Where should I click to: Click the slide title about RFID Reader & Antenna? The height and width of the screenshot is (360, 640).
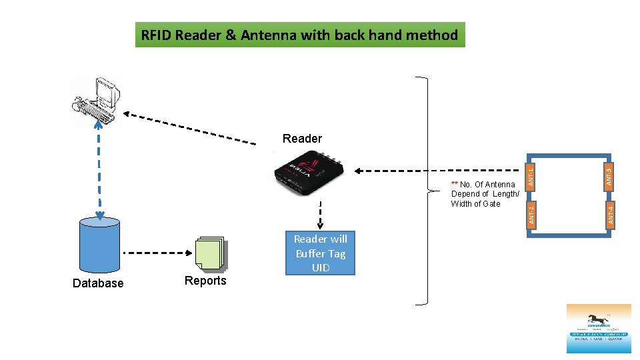299,35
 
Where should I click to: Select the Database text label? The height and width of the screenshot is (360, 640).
98,283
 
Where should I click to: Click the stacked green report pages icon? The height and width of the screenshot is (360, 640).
211,254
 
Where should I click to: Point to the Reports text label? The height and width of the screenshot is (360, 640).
205,281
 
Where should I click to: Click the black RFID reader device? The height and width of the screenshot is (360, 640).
309,173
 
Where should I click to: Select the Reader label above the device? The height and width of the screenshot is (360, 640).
302,139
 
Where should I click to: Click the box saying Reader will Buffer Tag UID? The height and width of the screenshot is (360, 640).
320,253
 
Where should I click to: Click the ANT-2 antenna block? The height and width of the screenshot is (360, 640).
531,214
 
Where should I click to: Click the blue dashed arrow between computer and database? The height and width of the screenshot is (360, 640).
99,173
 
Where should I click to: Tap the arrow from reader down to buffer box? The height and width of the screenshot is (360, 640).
320,215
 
